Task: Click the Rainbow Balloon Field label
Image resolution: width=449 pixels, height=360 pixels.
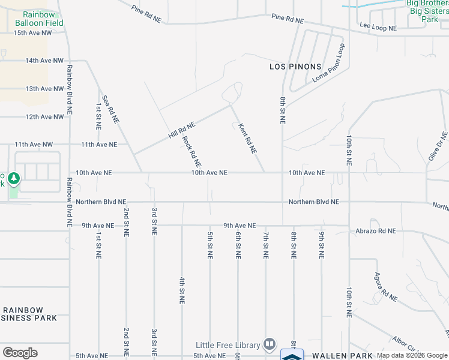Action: tap(39, 19)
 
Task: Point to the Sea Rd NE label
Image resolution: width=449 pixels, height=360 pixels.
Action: tap(110, 109)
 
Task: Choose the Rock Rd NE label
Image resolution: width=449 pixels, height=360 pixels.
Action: tap(191, 151)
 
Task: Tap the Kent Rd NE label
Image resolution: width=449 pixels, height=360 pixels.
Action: tap(247, 138)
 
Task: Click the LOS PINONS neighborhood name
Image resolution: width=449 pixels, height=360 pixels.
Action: tap(295, 67)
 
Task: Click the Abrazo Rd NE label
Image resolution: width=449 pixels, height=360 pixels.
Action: tap(375, 230)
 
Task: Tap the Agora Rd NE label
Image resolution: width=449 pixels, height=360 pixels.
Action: tap(386, 287)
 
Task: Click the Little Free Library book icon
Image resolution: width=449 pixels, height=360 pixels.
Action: tap(270, 344)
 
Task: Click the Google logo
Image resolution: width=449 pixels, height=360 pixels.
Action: tap(20, 353)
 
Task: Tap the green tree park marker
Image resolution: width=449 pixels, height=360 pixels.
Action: tap(13, 179)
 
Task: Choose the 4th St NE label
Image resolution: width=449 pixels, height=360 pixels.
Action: tap(181, 290)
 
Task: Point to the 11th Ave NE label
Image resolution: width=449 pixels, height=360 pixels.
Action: tap(99, 145)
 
